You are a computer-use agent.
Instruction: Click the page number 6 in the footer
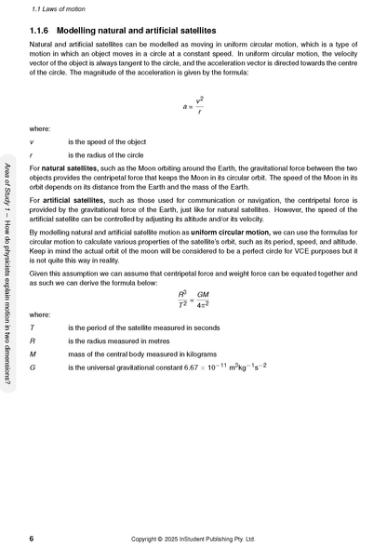[32, 538]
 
